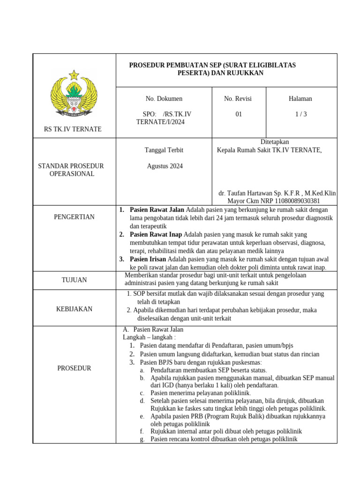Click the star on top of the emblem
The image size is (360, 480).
(x=74, y=75)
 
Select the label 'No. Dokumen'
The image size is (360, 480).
(x=164, y=98)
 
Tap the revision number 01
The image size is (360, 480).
(x=239, y=114)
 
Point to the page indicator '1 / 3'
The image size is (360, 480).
(x=300, y=114)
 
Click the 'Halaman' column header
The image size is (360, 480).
(x=300, y=98)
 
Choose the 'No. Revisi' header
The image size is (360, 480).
(x=238, y=98)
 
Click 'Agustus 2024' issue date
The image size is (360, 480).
(x=165, y=166)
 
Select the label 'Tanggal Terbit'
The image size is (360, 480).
(x=164, y=150)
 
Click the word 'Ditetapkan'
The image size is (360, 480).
(x=275, y=142)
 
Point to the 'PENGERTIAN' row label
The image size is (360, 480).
(x=74, y=217)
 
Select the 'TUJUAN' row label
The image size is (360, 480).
(x=74, y=280)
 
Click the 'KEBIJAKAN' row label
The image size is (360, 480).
(x=74, y=309)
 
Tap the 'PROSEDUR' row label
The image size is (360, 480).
(x=74, y=368)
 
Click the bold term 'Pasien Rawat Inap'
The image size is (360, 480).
(x=156, y=234)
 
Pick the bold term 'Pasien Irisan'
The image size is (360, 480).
(x=148, y=259)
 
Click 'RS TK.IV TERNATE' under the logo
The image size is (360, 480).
(x=73, y=129)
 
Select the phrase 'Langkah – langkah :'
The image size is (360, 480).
(x=149, y=337)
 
